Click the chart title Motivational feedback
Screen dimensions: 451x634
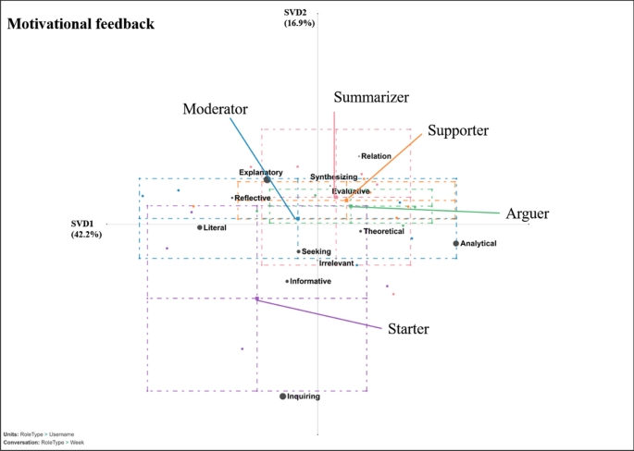pyautogui.click(x=81, y=23)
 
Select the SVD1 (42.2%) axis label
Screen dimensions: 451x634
pyautogui.click(x=86, y=229)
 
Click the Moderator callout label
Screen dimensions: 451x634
pyautogui.click(x=214, y=108)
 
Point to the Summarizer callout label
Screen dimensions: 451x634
pyautogui.click(x=371, y=97)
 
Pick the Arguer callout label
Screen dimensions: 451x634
pyautogui.click(x=528, y=213)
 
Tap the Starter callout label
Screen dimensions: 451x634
pyautogui.click(x=407, y=328)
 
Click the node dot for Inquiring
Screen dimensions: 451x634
pyautogui.click(x=283, y=396)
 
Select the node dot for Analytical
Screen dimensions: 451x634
pyautogui.click(x=455, y=243)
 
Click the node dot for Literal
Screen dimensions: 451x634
pyautogui.click(x=200, y=227)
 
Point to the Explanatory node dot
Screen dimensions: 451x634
pyautogui.click(x=267, y=180)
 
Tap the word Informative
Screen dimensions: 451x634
pyautogui.click(x=310, y=281)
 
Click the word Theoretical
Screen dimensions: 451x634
pyautogui.click(x=384, y=231)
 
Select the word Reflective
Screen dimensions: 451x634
pyautogui.click(x=253, y=198)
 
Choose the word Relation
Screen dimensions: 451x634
pyautogui.click(x=377, y=156)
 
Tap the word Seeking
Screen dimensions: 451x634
pyautogui.click(x=317, y=251)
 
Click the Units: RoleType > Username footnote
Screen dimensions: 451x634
pyautogui.click(x=39, y=434)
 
